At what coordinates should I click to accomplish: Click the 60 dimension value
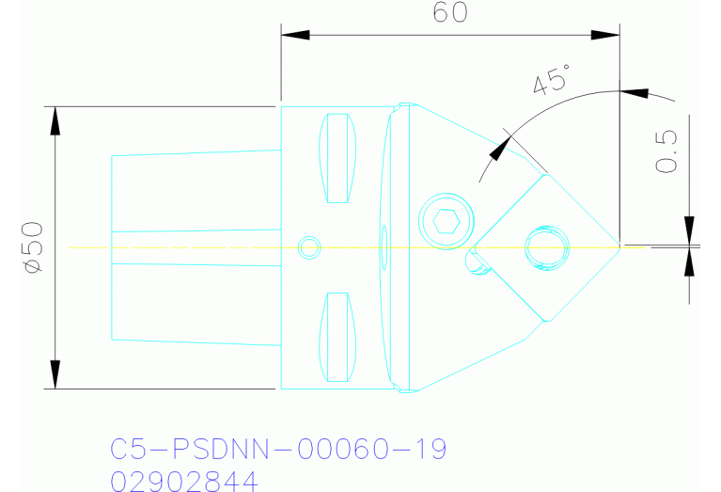(449, 14)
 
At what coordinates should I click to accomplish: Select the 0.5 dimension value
(666, 151)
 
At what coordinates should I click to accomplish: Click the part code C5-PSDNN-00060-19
(278, 449)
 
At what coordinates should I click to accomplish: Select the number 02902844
(183, 482)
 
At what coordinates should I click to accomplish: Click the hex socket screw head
(446, 222)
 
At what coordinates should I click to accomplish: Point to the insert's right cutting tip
(619, 246)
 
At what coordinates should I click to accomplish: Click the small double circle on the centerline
(308, 247)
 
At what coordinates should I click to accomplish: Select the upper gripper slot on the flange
(338, 158)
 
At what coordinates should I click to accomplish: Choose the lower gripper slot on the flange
(338, 337)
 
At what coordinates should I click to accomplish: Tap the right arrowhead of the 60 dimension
(606, 36)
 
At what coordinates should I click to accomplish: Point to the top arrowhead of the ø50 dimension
(55, 119)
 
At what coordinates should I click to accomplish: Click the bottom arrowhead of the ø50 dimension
(55, 374)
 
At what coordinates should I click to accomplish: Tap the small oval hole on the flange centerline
(383, 247)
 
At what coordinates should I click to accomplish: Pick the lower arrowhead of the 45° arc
(497, 149)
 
